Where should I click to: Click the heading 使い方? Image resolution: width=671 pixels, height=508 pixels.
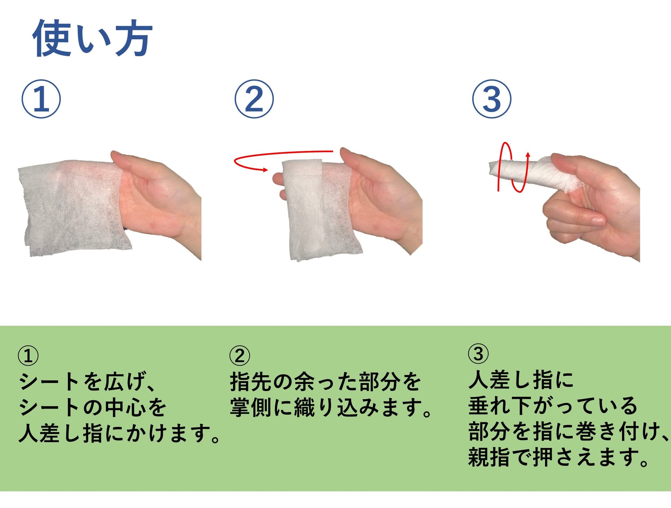click(x=92, y=38)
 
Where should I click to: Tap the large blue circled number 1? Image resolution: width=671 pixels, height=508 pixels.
click(x=41, y=99)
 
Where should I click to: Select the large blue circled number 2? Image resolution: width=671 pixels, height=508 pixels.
click(x=254, y=99)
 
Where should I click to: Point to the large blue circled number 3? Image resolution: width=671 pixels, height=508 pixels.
click(x=492, y=99)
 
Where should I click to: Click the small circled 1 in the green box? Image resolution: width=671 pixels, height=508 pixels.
click(x=28, y=356)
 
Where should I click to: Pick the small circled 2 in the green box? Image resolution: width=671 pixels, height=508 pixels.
click(x=240, y=356)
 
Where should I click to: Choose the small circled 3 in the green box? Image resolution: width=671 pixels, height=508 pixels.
click(x=478, y=354)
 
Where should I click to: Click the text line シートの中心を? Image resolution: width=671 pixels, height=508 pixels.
click(x=92, y=407)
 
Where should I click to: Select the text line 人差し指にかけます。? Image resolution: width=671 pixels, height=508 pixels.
click(x=119, y=433)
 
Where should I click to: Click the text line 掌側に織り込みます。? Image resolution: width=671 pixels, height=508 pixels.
click(x=331, y=407)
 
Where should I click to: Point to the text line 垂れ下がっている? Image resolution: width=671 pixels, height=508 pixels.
click(x=553, y=405)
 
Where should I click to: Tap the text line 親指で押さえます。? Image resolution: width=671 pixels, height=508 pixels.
click(x=559, y=457)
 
